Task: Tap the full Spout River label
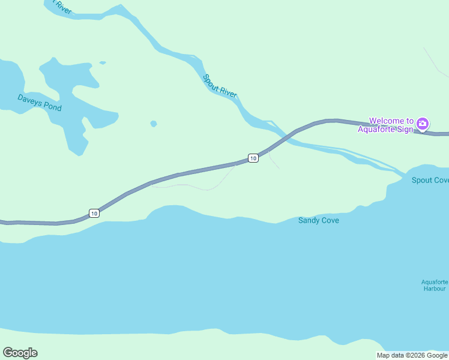pos(220,86)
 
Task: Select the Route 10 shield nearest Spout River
pos(253,158)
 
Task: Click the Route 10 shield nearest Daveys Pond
pos(94,213)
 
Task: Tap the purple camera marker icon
pos(423,124)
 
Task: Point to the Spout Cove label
pos(430,180)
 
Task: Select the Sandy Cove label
pos(319,220)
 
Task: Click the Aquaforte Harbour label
pos(434,285)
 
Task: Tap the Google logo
pos(20,353)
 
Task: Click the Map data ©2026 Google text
pos(412,355)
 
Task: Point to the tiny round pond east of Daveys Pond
pos(154,124)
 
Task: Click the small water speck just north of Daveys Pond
pos(103,62)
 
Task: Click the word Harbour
pos(434,289)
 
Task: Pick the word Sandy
pos(309,220)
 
